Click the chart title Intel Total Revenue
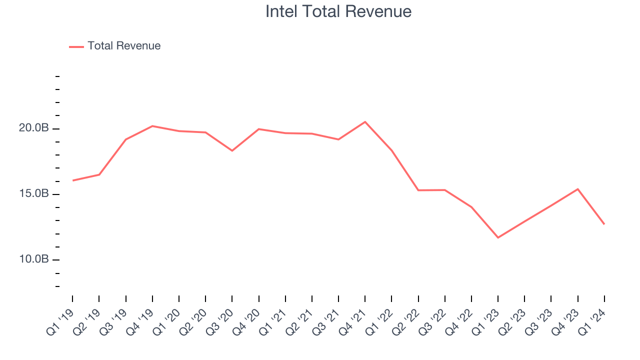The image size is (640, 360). [x=338, y=11]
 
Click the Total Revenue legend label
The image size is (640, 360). [x=124, y=46]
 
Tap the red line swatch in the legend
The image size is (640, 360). [x=76, y=46]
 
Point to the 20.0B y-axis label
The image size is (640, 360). [x=34, y=128]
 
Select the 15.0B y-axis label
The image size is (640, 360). [x=34, y=194]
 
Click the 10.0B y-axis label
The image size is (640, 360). [x=34, y=259]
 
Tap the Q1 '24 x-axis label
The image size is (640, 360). [x=592, y=320]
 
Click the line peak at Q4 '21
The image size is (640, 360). [x=365, y=121]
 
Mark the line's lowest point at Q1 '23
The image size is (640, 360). [x=498, y=237]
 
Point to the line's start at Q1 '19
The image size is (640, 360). [x=73, y=180]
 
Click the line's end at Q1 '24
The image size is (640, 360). [x=604, y=224]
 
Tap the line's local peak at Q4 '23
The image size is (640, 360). [x=578, y=189]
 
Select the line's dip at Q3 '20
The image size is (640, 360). [x=232, y=150]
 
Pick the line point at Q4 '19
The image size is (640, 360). [x=152, y=126]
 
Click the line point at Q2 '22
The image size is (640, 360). [x=418, y=190]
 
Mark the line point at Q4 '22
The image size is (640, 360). [x=471, y=207]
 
